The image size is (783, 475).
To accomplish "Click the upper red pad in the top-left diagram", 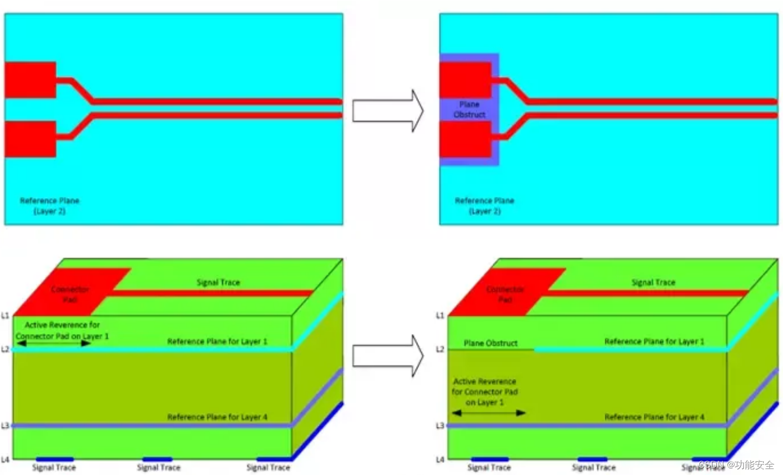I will [x=31, y=80].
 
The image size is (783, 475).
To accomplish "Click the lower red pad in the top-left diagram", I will [x=31, y=139].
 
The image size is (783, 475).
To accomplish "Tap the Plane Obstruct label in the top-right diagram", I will [x=469, y=109].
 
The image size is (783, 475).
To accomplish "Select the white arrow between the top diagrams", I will [x=388, y=111].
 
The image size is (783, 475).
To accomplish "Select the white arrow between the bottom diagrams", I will [x=388, y=356].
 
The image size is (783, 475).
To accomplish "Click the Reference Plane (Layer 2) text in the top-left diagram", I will [x=49, y=206].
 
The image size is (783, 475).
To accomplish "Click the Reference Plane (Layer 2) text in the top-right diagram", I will [x=484, y=206].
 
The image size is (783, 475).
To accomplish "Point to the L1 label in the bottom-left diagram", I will [x=5, y=316].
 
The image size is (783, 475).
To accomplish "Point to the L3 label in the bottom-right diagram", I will [x=440, y=426].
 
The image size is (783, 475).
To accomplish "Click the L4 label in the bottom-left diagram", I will [x=5, y=459].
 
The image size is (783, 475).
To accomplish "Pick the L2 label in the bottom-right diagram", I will [x=440, y=349].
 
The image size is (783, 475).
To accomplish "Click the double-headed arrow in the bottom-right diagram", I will [x=488, y=413].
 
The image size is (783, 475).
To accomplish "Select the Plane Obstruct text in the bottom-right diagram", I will [x=491, y=343].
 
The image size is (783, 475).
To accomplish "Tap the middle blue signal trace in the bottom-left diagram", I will [x=157, y=459].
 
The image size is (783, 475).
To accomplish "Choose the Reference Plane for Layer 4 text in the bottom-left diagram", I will [x=217, y=417].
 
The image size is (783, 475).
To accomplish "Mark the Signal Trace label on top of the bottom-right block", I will [x=653, y=282].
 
